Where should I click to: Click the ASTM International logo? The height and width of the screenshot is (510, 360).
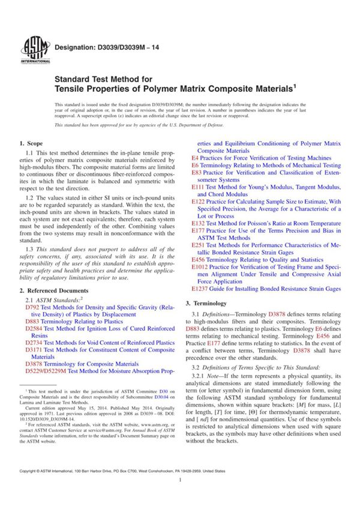(31, 50)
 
